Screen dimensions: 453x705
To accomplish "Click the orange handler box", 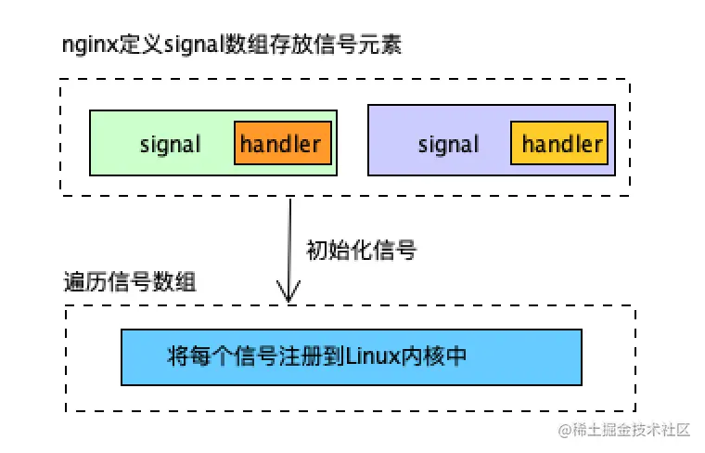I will [x=282, y=144].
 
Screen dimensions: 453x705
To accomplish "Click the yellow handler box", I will [x=561, y=144].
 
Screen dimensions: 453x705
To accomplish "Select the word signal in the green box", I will [x=170, y=145].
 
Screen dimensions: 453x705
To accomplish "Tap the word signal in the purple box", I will [x=449, y=145].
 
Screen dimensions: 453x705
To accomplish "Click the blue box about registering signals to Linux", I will [x=351, y=356].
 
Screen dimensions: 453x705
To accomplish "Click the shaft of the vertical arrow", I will [x=289, y=246].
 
